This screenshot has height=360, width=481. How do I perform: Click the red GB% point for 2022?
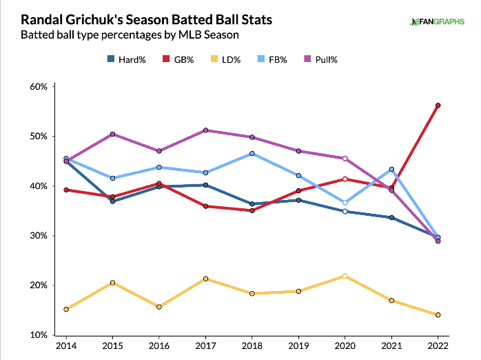[438, 106]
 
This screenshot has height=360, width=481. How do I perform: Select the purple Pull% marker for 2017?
[205, 130]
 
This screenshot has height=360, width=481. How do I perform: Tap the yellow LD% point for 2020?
[345, 276]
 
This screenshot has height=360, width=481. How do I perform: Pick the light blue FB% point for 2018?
[252, 154]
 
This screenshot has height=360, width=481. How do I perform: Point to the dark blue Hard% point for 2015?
[112, 201]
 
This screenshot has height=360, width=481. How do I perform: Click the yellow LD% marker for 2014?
[66, 309]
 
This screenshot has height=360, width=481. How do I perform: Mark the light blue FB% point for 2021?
[391, 170]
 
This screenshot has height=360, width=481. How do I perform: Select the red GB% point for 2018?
[252, 210]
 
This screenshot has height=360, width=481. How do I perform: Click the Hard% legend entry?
[126, 59]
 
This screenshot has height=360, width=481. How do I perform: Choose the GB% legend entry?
[178, 59]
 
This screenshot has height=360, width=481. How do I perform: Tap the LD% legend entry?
[226, 59]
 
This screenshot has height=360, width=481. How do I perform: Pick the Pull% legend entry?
[320, 59]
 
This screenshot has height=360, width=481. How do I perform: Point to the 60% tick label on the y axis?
[39, 86]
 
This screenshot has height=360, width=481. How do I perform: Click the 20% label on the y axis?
[39, 285]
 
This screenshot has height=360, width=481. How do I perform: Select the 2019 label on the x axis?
[298, 346]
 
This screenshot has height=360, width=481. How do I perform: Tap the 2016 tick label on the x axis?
[159, 346]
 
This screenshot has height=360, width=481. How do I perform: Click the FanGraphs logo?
[437, 21]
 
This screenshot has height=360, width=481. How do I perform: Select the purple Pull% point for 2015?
[112, 134]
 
